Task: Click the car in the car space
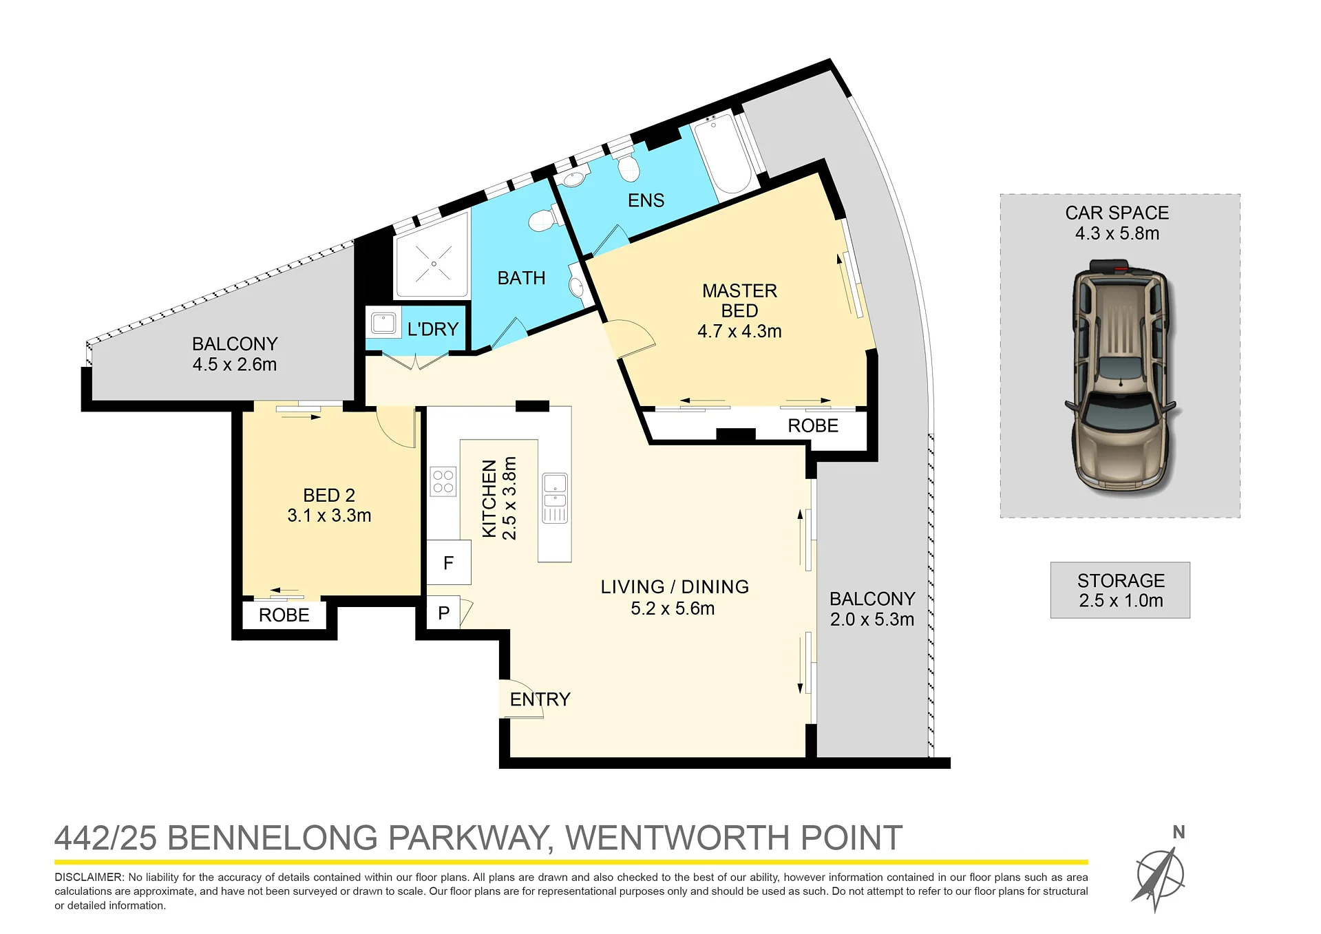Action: coord(1120,377)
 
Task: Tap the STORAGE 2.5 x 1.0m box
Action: coord(1120,590)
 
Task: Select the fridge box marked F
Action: coord(449,562)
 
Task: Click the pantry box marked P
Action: coord(444,612)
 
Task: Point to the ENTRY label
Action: coord(540,699)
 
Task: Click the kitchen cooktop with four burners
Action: coord(443,482)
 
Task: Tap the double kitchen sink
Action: coord(555,498)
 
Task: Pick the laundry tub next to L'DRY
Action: coord(383,323)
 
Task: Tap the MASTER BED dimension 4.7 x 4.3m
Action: coord(739,331)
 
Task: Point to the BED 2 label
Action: coord(329,495)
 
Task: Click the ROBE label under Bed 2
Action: coord(284,615)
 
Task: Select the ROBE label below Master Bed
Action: coord(813,425)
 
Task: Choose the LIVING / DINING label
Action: coord(675,586)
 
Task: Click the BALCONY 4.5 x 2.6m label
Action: coord(235,354)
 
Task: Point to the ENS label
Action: coord(646,200)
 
